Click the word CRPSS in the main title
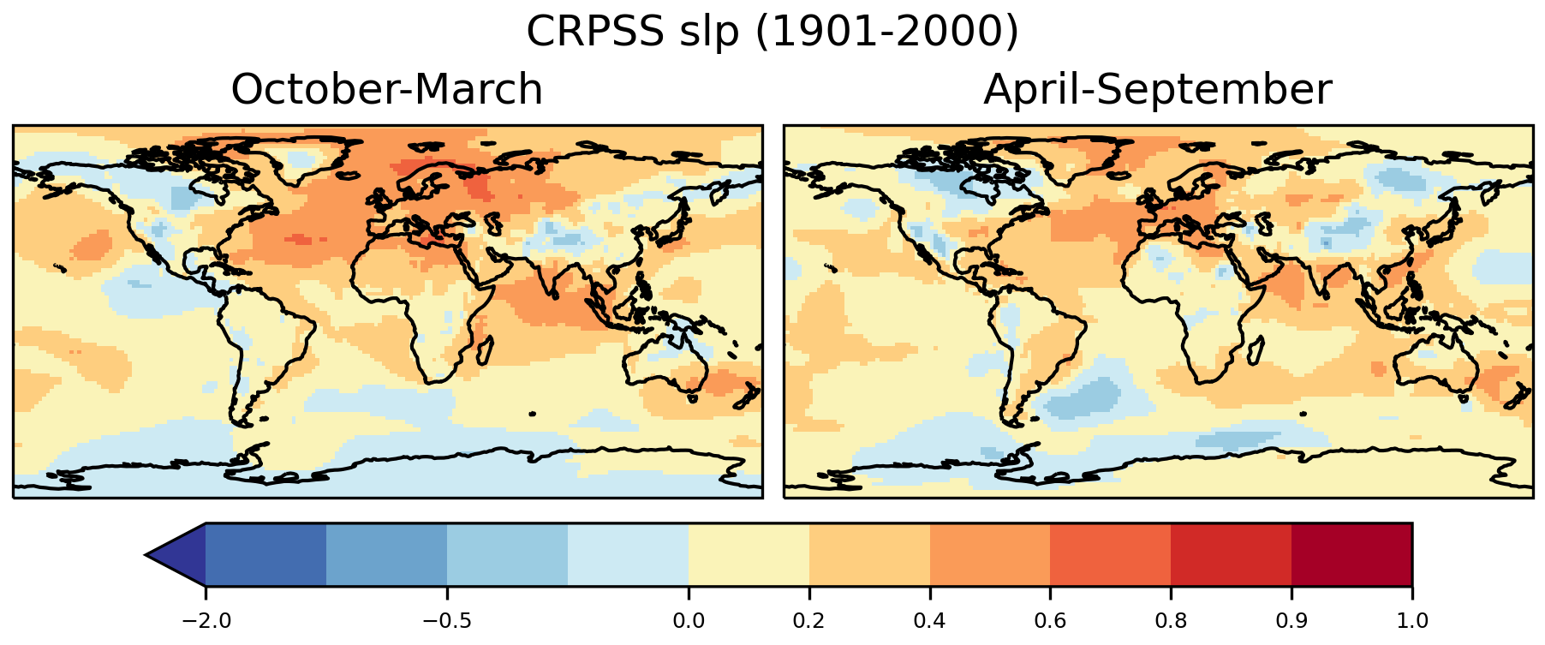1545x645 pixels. click(594, 33)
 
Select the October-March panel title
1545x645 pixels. click(387, 89)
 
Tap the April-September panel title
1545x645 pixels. click(1158, 89)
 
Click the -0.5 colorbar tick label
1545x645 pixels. click(447, 620)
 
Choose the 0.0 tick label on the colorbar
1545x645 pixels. click(689, 620)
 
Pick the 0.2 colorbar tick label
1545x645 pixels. click(809, 620)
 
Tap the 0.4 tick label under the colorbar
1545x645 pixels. click(930, 620)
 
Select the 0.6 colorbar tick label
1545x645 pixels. click(1051, 620)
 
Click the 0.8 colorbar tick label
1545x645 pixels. click(1171, 620)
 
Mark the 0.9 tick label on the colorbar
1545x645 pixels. click(1291, 620)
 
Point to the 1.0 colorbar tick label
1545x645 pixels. click(1412, 620)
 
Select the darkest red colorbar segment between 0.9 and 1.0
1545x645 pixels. click(1351, 555)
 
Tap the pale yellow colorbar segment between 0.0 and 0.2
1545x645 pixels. click(749, 555)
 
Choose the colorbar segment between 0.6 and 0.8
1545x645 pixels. click(1111, 555)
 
